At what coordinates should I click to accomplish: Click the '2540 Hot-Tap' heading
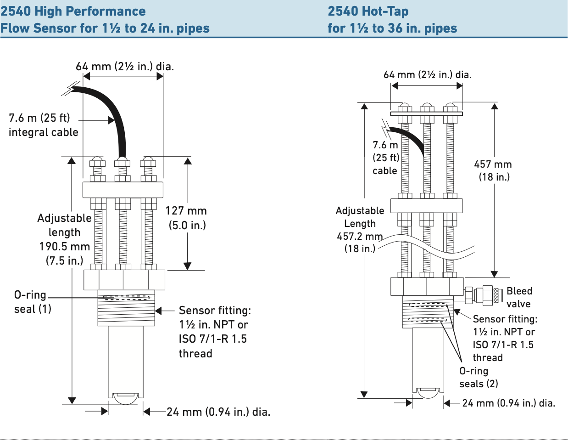[x=368, y=11]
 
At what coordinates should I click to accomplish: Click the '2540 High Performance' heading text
[x=73, y=11]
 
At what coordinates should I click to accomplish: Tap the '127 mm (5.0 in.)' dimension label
[x=186, y=218]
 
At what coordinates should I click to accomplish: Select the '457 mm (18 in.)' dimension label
[x=493, y=170]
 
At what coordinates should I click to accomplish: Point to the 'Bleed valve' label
[x=519, y=297]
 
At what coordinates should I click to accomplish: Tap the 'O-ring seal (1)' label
[x=31, y=301]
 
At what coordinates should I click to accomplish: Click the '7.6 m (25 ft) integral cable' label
[x=43, y=125]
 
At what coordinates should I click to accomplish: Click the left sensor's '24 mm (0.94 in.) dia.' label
[x=218, y=412]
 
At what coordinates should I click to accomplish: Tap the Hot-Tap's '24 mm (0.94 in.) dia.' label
[x=508, y=403]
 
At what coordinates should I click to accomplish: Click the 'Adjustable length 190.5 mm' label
[x=64, y=239]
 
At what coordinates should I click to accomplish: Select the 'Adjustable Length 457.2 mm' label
[x=360, y=230]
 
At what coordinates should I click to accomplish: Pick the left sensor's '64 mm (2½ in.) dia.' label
[x=125, y=67]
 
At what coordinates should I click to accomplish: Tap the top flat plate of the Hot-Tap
[x=426, y=113]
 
